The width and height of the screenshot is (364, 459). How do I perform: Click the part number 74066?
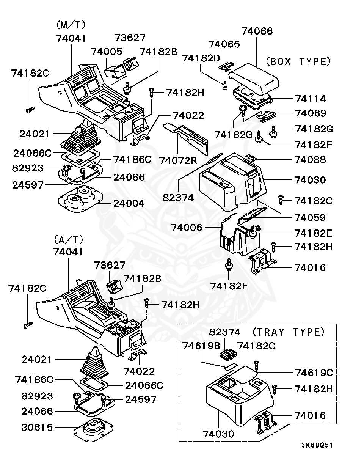(257, 31)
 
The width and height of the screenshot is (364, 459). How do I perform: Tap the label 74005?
(107, 52)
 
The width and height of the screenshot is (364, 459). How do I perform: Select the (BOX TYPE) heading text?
(298, 61)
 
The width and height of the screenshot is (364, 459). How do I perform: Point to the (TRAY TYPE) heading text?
(289, 332)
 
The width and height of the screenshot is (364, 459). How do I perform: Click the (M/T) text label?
(71, 25)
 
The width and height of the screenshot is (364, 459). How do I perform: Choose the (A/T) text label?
(68, 239)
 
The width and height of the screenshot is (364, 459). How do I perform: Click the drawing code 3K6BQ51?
(317, 445)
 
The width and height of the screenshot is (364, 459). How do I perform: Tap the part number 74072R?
(178, 160)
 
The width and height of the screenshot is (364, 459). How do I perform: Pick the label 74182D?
(201, 58)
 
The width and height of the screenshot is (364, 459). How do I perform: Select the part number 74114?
(311, 99)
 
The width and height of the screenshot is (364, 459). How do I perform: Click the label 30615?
(37, 428)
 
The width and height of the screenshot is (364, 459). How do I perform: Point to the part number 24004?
(129, 203)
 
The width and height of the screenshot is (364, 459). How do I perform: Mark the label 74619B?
(201, 346)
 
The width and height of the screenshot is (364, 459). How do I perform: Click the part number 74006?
(187, 228)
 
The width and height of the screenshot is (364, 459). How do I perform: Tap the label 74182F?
(313, 145)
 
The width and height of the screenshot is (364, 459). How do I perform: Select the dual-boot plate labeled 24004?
(81, 199)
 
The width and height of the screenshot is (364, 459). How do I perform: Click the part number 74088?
(310, 160)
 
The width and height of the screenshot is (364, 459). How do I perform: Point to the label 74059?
(310, 218)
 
